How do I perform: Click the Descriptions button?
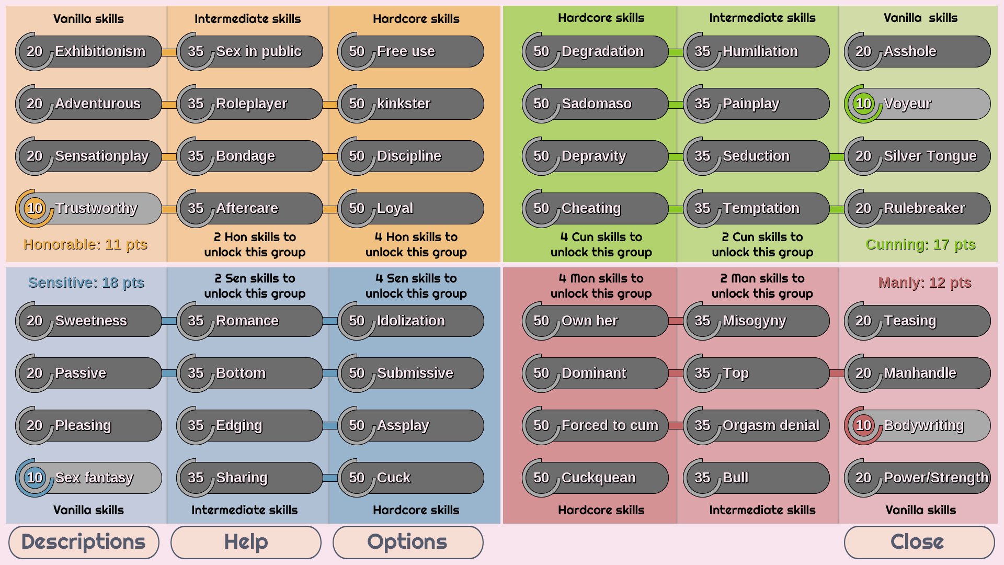84,542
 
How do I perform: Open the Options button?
407,542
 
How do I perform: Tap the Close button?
919,542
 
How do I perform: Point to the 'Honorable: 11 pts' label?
85,244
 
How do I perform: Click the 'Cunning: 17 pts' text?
920,244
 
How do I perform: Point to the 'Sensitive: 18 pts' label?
86,282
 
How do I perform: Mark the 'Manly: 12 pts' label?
925,282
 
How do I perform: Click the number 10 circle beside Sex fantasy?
35,478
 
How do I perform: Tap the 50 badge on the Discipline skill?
357,156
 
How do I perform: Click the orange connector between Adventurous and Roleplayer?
169,105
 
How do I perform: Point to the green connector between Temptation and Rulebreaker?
837,209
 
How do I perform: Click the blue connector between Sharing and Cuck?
330,478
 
